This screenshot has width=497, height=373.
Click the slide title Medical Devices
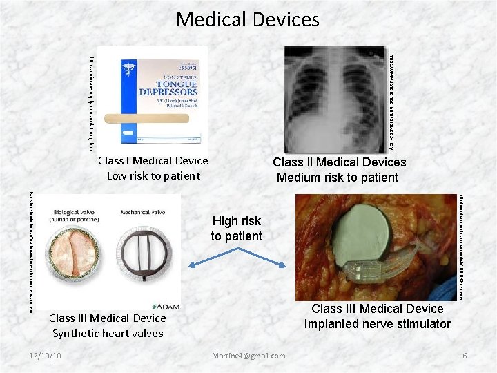(248, 19)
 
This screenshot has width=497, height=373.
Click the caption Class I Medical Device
(153, 161)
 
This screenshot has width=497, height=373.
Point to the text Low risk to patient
(153, 175)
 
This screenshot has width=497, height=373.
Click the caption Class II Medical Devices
(339, 162)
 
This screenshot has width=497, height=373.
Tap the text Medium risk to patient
(338, 178)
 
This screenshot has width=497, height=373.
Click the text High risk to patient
(236, 229)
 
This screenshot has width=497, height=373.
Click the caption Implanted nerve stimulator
(377, 324)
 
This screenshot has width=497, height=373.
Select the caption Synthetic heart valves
(108, 333)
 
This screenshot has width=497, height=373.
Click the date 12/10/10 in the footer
(46, 356)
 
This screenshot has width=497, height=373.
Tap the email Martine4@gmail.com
(249, 356)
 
